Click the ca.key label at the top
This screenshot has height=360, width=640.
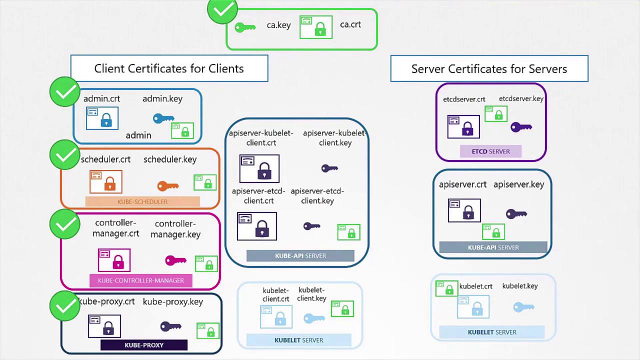click(278, 25)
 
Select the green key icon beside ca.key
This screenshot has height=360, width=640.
click(245, 27)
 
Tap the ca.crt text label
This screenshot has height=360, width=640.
click(350, 24)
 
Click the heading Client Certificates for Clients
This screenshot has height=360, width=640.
click(169, 68)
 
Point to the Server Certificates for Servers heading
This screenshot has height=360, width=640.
click(489, 69)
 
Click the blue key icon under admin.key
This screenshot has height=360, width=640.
click(163, 119)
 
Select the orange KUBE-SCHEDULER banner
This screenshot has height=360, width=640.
click(142, 201)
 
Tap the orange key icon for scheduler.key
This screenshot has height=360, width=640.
click(167, 186)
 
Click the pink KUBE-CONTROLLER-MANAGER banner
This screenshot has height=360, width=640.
click(141, 280)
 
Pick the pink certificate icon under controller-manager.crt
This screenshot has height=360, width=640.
click(114, 260)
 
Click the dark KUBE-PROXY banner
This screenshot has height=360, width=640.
click(144, 345)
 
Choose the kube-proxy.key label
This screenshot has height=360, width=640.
click(172, 301)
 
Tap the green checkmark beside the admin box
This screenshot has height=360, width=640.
click(65, 92)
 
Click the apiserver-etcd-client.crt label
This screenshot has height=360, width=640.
click(258, 196)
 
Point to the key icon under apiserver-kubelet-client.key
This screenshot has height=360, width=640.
click(329, 168)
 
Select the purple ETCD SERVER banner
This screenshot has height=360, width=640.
click(490, 151)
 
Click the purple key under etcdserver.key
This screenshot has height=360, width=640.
click(520, 127)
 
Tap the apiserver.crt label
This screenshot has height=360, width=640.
click(462, 184)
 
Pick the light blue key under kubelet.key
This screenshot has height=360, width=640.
click(523, 307)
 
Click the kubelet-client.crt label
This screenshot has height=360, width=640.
click(275, 294)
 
